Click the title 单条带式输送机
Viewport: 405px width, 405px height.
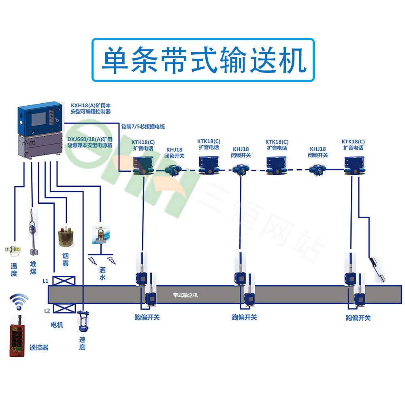click(x=202, y=60)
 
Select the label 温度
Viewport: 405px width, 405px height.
click(x=14, y=270)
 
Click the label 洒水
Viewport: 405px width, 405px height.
click(x=102, y=273)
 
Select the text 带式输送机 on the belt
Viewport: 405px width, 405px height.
click(x=185, y=295)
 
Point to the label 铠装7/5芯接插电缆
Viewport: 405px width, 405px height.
click(x=143, y=126)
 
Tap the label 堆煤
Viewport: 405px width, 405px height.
click(x=33, y=268)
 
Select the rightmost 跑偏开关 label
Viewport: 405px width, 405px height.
click(x=358, y=318)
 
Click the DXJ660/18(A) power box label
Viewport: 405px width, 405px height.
click(x=90, y=142)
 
